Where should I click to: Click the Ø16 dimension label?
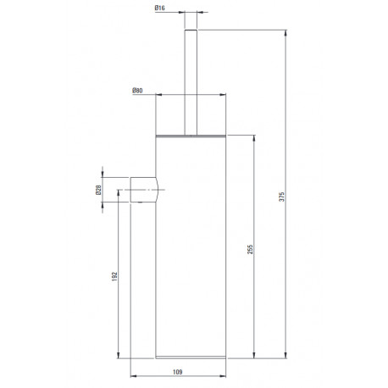(159, 8)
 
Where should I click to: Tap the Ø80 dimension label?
(137, 91)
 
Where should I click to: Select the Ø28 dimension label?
(98, 190)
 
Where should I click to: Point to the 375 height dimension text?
(281, 197)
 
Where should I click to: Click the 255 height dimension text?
(250, 249)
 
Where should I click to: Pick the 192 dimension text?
(114, 277)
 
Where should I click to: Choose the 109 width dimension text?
(178, 372)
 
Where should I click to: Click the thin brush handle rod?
(191, 82)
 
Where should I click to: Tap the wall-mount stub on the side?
(144, 190)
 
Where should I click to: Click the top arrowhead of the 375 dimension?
(285, 33)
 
